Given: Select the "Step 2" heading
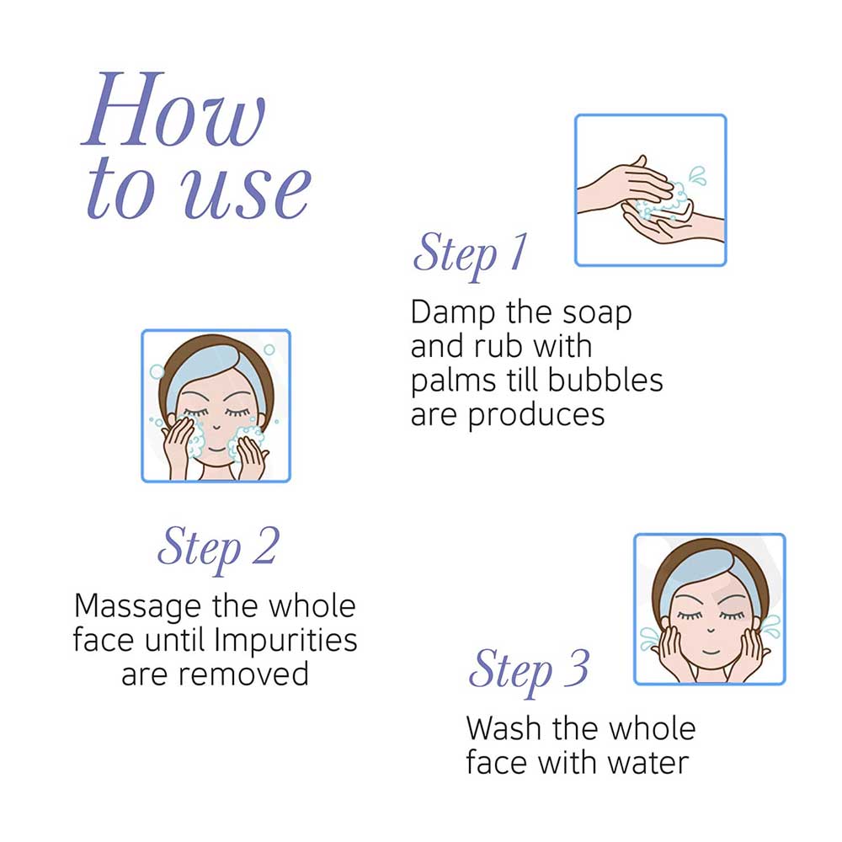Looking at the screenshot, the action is pos(219,548).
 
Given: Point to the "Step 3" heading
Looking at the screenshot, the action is pos(529,671).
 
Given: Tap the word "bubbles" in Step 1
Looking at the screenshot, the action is pos(605,381).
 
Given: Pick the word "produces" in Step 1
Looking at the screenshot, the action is pos(536,416).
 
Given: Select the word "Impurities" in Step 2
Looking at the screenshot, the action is pos(285,641).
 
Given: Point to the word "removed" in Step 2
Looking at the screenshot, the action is pos(243,675).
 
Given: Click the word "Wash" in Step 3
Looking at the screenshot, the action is pos(504,728).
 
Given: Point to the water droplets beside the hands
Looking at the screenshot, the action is pos(697,175).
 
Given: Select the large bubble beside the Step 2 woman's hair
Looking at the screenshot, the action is pos(157,371).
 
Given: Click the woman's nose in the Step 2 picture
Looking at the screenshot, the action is pos(216,428).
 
